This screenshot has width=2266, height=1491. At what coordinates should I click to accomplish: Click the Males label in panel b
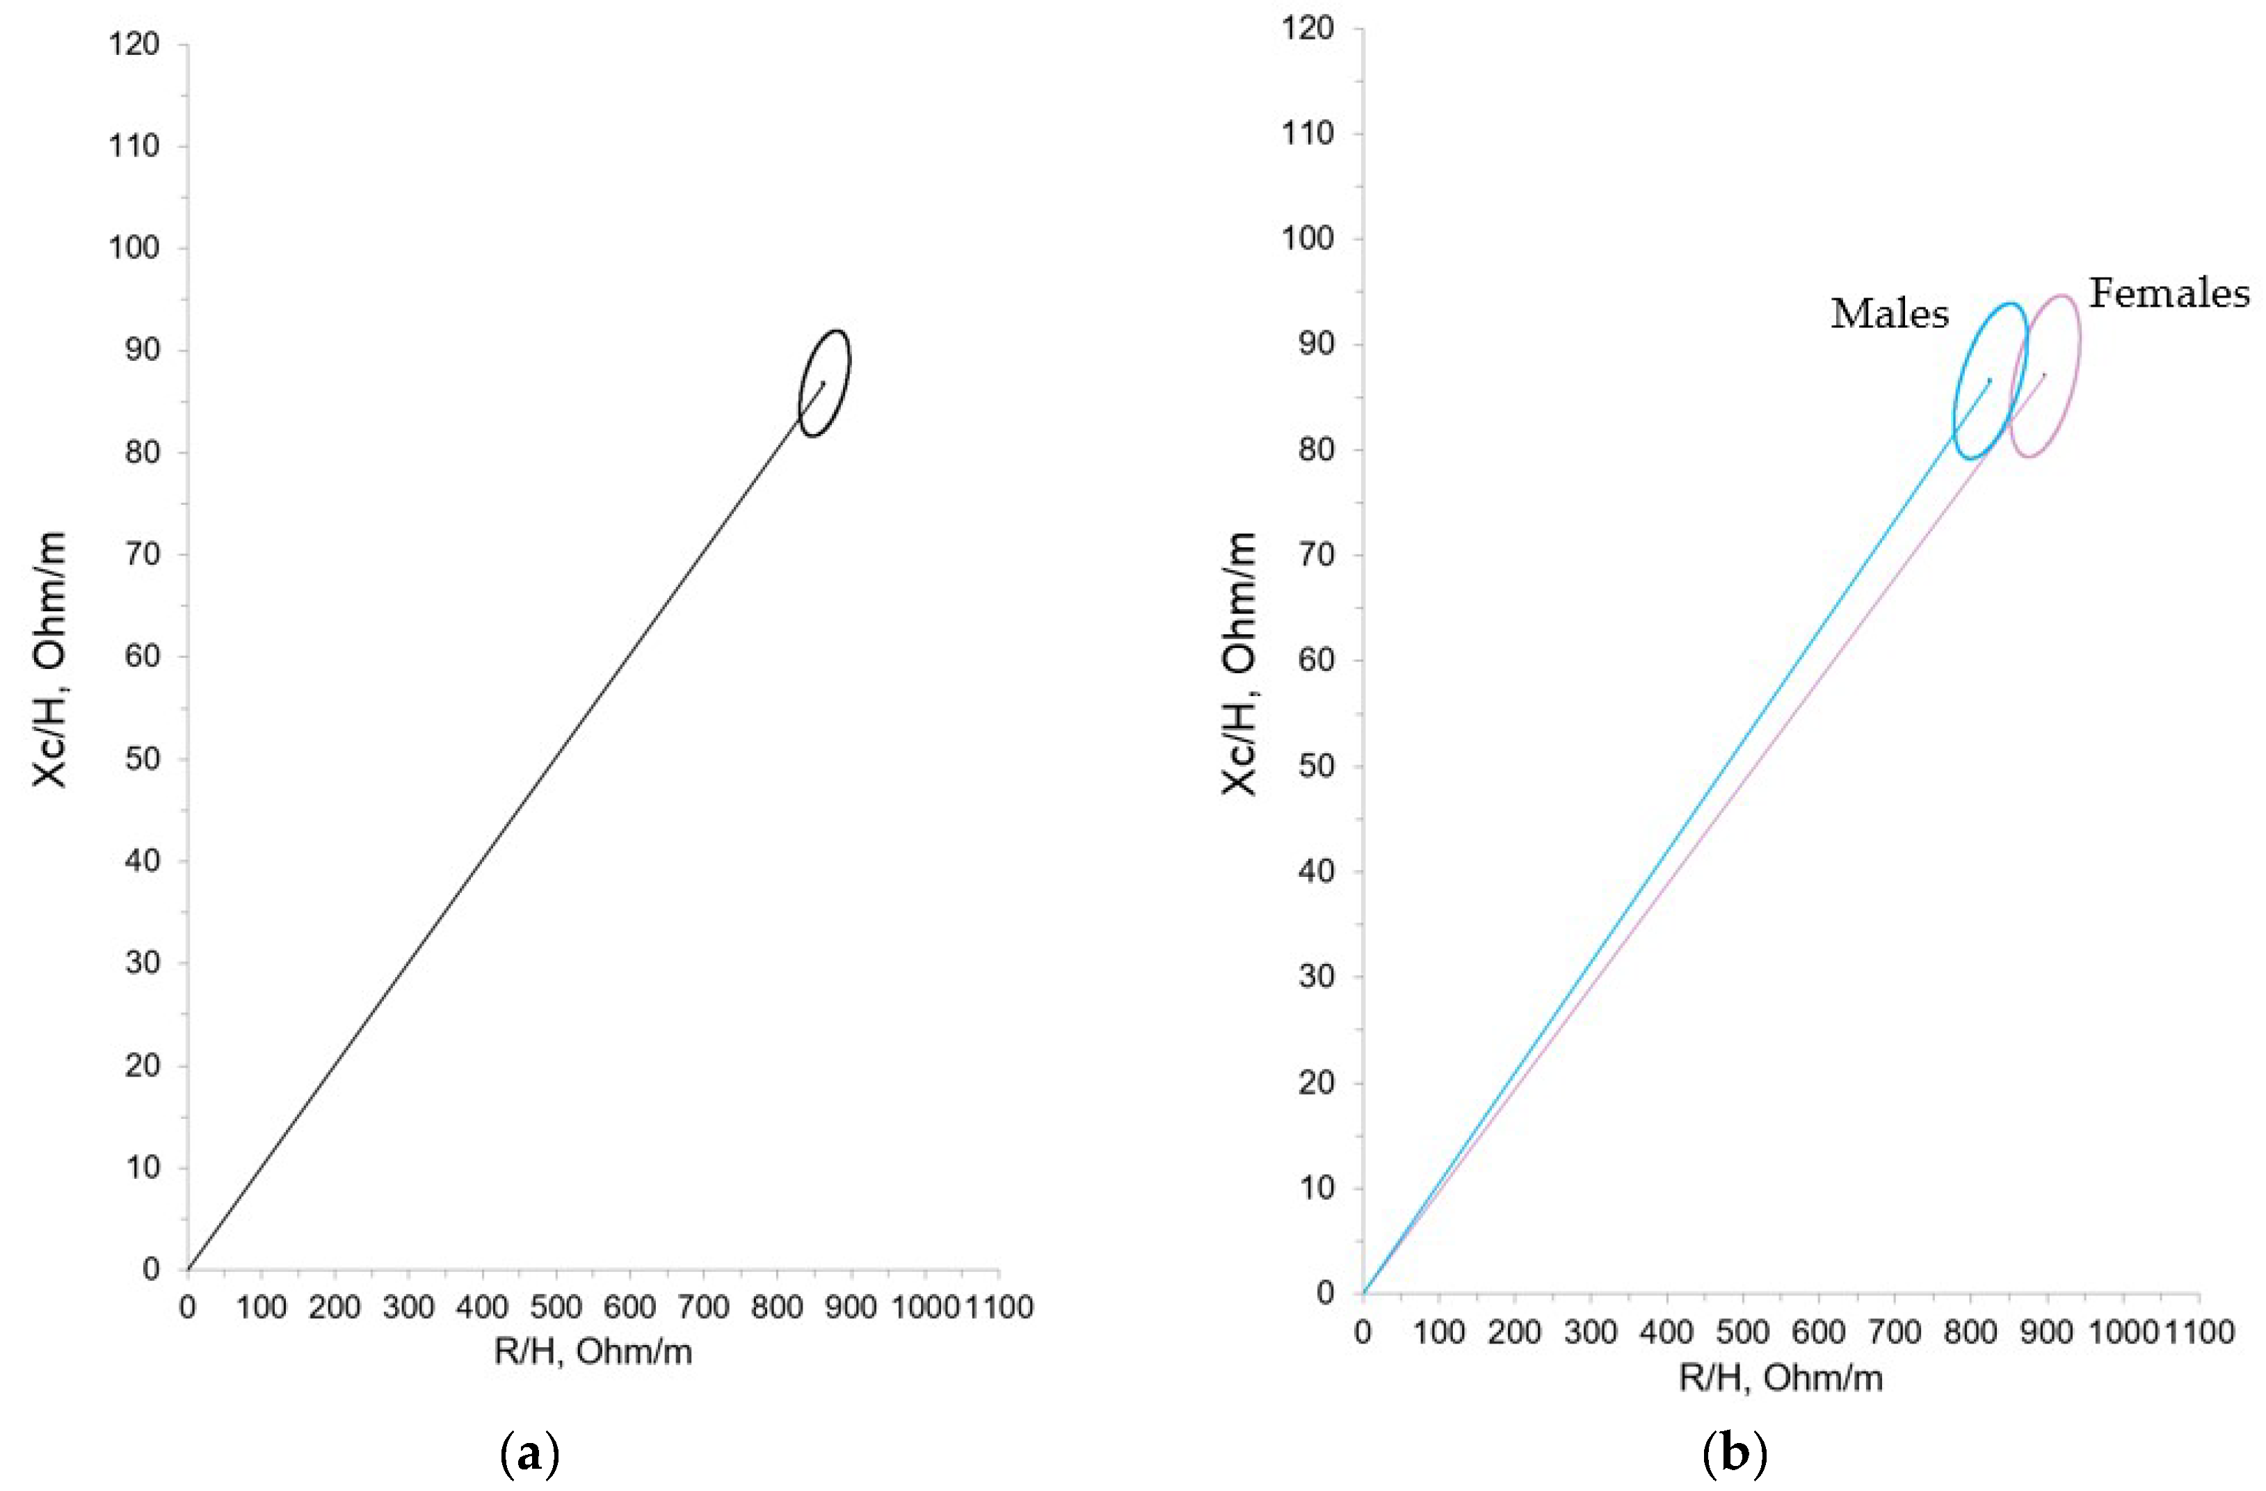coord(1889,313)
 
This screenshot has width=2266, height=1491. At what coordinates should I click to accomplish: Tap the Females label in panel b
coord(2169,293)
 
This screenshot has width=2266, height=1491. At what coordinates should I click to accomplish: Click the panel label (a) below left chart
coord(529,1455)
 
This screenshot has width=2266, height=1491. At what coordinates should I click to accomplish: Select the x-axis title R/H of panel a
coord(592,1352)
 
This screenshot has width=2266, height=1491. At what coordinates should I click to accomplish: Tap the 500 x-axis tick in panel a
coord(556,1307)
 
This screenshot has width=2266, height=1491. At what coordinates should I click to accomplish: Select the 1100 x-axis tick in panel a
coord(998,1307)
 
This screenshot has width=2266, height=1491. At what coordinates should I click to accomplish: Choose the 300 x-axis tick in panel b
coord(1590,1332)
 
